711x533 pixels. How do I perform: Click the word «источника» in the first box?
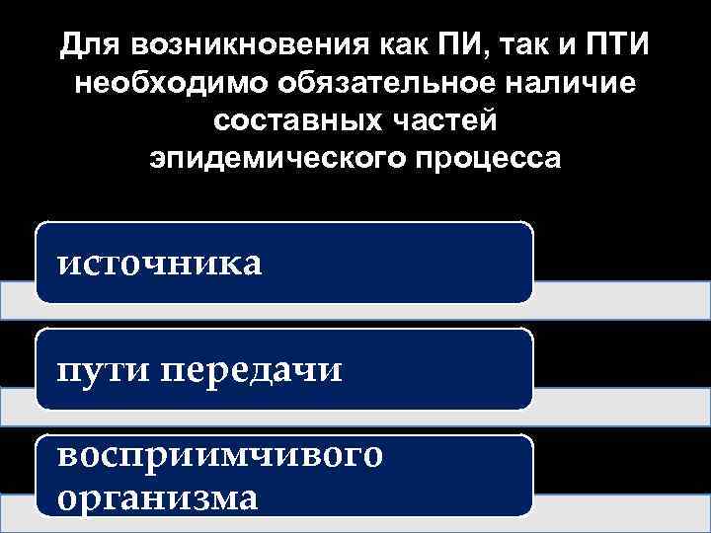(x=160, y=263)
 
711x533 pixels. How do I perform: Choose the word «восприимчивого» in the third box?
(x=219, y=455)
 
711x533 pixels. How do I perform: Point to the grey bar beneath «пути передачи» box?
(x=622, y=406)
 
